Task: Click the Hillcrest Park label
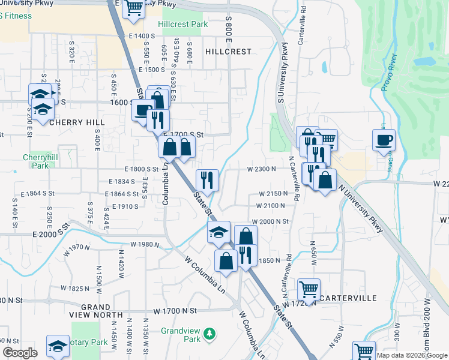(183, 25)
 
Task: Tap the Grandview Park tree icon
(209, 333)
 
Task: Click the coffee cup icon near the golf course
(384, 140)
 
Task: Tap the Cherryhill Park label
(40, 161)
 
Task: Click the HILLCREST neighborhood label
(228, 52)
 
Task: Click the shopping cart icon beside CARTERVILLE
(309, 289)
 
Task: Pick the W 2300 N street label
(261, 169)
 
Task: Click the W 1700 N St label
(175, 311)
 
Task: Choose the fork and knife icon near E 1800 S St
(207, 179)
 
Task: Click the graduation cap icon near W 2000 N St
(218, 231)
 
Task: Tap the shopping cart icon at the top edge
(134, 8)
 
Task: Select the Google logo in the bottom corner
(20, 353)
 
